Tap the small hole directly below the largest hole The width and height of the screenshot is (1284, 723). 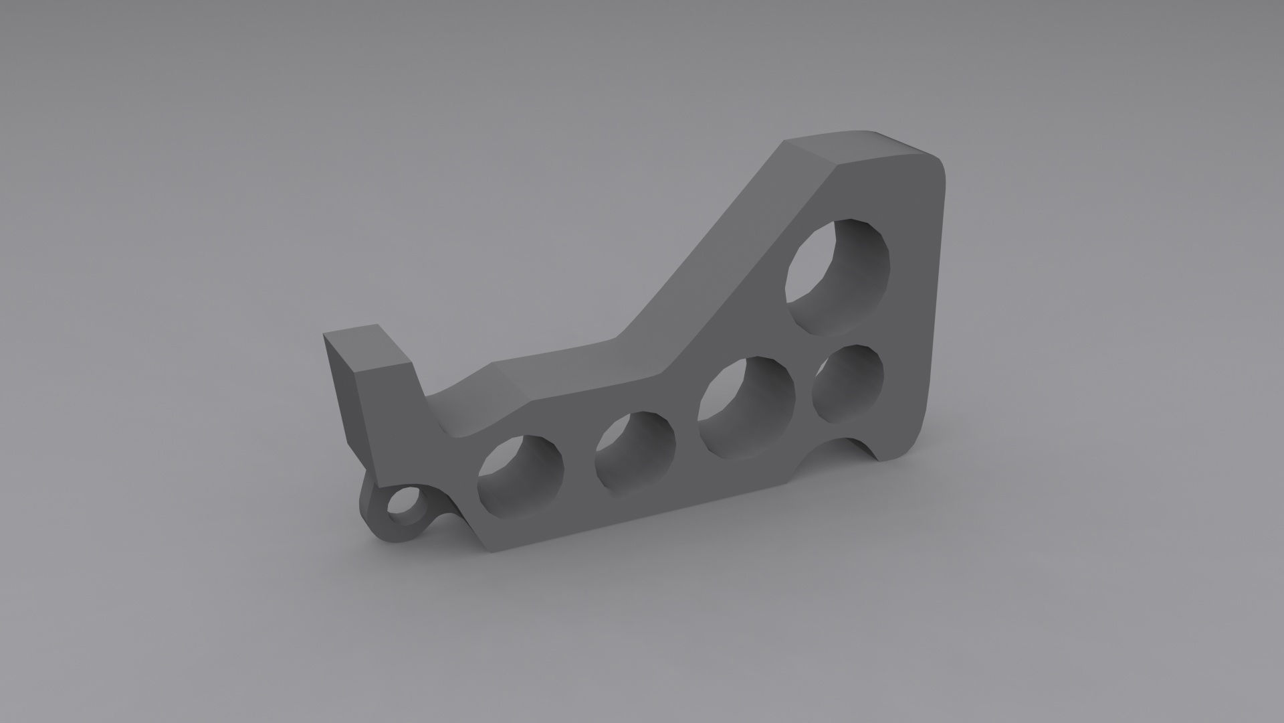pyautogui.click(x=847, y=385)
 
